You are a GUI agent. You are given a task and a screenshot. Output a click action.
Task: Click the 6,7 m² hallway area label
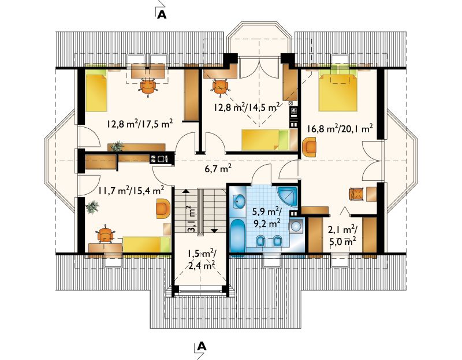pyautogui.click(x=218, y=169)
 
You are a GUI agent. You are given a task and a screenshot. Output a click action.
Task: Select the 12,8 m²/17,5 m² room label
pyautogui.click(x=139, y=124)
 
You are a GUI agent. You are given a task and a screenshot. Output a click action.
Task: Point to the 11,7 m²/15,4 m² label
pyautogui.click(x=131, y=191)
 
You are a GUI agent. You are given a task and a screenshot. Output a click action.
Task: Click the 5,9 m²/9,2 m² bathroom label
pyautogui.click(x=266, y=218)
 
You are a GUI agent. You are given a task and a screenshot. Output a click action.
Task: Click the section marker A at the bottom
pyautogui.click(x=201, y=346)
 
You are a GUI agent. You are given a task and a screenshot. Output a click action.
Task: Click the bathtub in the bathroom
pyautogui.click(x=237, y=235)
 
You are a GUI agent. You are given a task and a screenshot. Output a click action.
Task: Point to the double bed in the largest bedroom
pyautogui.click(x=338, y=91)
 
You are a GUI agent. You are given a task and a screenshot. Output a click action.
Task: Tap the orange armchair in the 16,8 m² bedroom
pyautogui.click(x=309, y=147)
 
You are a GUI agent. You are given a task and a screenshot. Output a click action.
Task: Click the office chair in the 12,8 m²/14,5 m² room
pyautogui.click(x=220, y=87)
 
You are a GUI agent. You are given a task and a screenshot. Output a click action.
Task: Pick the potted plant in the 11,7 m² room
pyautogui.click(x=92, y=207)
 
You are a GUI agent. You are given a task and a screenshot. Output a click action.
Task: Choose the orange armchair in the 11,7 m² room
pyautogui.click(x=163, y=209)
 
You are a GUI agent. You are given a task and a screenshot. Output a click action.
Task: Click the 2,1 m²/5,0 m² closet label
pyautogui.click(x=342, y=235)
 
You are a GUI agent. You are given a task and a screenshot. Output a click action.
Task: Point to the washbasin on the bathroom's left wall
pyautogui.click(x=239, y=202)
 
